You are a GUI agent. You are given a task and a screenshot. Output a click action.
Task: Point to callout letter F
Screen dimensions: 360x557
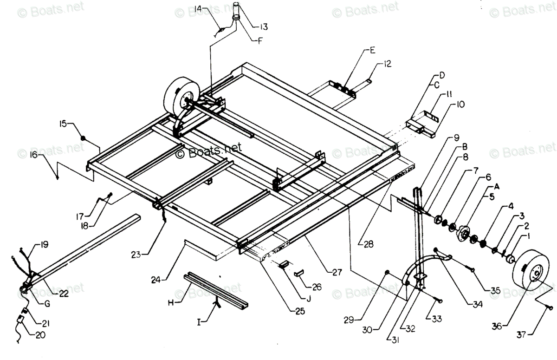pos(260,40)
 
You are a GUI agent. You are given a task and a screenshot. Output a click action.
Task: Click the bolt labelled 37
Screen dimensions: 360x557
pos(550,307)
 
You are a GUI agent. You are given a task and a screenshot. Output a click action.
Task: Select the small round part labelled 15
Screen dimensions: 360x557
pos(83,138)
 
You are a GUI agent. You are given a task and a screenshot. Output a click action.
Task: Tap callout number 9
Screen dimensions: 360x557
pos(456,137)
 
